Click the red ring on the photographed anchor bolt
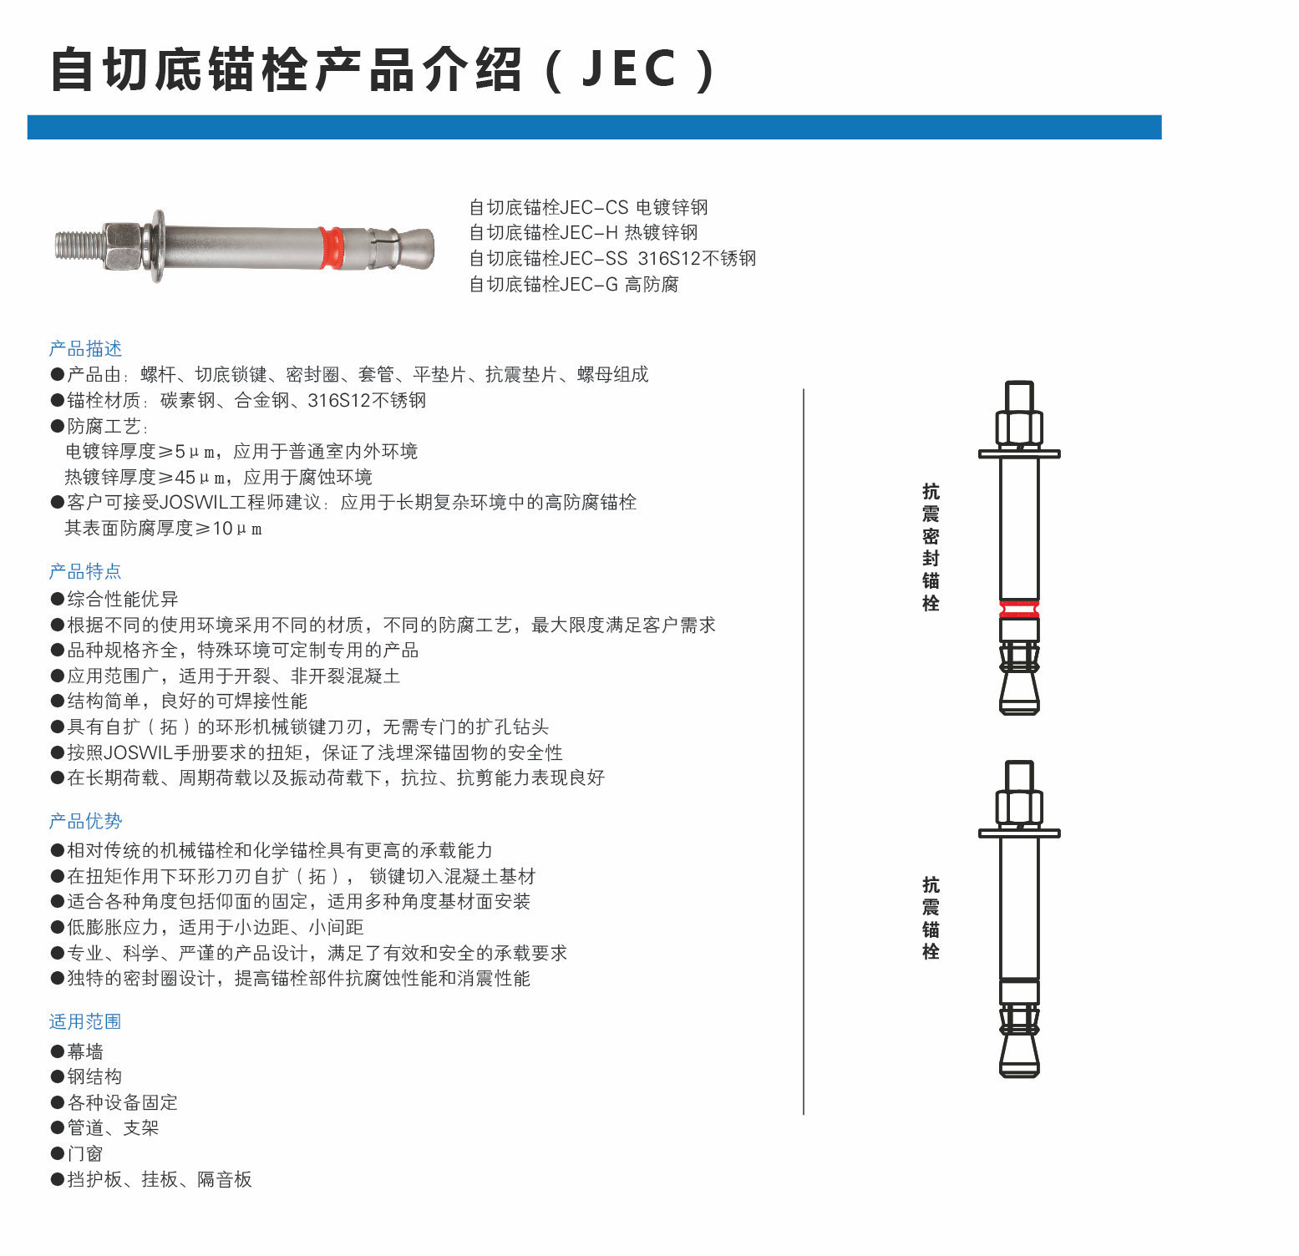pyautogui.click(x=331, y=247)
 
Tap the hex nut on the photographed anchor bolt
pyautogui.click(x=124, y=246)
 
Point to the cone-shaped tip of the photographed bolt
pyautogui.click(x=417, y=248)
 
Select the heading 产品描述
pyautogui.click(x=85, y=348)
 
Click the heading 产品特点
pyautogui.click(x=85, y=571)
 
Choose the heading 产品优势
pyautogui.click(x=85, y=821)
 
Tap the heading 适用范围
pyautogui.click(x=85, y=1021)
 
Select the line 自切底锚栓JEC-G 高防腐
pyautogui.click(x=574, y=284)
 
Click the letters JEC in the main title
pyautogui.click(x=629, y=68)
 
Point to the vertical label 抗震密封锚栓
pyautogui.click(x=931, y=547)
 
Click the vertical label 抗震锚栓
pyautogui.click(x=931, y=918)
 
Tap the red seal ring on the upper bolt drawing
pyautogui.click(x=1019, y=608)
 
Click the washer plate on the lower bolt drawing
pyautogui.click(x=1019, y=833)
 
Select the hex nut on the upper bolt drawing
pyautogui.click(x=1019, y=427)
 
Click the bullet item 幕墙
pyautogui.click(x=77, y=1051)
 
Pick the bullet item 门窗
pyautogui.click(x=77, y=1153)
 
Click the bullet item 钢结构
pyautogui.click(x=86, y=1076)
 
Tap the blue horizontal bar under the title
pyautogui.click(x=594, y=127)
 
